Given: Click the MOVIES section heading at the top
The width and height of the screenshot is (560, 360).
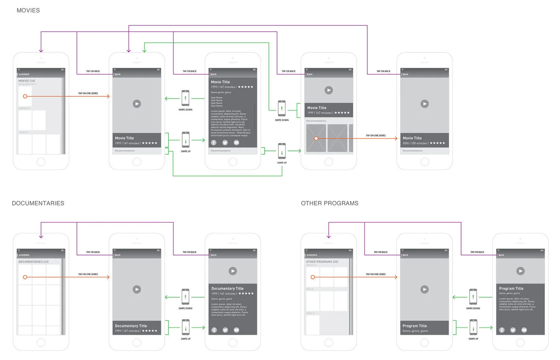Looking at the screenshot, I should click(x=28, y=10).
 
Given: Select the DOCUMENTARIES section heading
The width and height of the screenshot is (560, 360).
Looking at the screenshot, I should click(x=38, y=203).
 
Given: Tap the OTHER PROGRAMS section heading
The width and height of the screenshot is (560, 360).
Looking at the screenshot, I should click(x=330, y=203).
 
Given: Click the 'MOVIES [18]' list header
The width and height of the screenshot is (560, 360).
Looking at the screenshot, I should click(x=27, y=81).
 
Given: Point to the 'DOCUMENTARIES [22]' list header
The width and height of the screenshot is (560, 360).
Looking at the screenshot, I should click(x=34, y=262).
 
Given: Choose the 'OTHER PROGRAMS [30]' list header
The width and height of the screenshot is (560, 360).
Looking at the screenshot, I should click(x=322, y=262).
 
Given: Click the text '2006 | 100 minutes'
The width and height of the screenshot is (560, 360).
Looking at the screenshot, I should click(x=414, y=143).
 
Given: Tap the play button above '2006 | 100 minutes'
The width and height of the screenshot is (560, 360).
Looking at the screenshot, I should click(x=424, y=104).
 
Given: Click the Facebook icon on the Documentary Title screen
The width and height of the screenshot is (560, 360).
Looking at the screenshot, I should click(x=214, y=330).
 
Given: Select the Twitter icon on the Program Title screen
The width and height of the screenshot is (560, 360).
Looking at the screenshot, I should click(x=513, y=330).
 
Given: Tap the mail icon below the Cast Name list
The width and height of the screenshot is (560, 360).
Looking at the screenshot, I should click(x=236, y=143).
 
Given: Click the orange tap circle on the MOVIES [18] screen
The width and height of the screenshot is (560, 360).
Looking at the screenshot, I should click(x=25, y=96).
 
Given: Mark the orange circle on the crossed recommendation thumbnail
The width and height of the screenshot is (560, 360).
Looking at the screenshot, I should click(x=316, y=139).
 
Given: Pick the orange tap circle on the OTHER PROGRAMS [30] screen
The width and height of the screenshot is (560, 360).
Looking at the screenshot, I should click(x=313, y=277).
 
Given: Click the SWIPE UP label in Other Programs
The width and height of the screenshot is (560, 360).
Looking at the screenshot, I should click(x=473, y=339).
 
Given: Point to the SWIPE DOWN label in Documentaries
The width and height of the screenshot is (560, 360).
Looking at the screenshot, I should click(x=185, y=308).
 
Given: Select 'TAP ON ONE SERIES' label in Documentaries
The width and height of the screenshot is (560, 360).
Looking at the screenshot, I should click(x=88, y=274).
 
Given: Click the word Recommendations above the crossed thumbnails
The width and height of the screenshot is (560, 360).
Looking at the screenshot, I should click(x=316, y=121).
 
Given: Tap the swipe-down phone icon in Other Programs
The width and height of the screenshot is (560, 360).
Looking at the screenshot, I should click(x=473, y=297).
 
